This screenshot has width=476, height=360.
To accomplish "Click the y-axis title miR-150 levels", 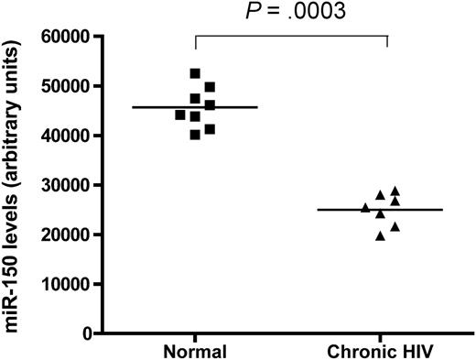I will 17,183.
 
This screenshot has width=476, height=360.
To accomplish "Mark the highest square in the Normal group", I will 195,73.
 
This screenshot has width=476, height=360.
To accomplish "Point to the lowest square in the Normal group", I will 195,135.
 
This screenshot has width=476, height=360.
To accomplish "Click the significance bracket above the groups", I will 291,37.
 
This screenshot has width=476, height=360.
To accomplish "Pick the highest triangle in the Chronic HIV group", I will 395,191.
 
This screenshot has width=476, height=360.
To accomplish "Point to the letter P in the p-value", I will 254,12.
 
